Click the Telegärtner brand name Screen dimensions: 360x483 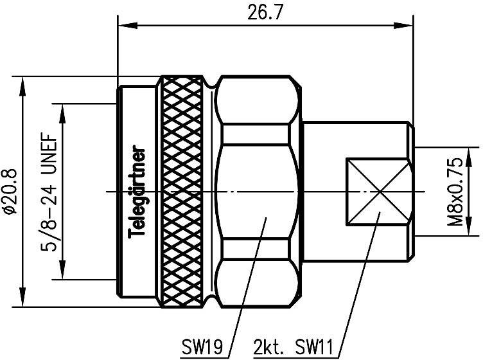point(137,193)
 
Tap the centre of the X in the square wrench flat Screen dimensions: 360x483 point(376,192)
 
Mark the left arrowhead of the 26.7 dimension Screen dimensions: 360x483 point(123,26)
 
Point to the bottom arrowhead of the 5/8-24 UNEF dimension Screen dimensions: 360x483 point(62,273)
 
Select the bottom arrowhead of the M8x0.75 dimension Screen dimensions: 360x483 point(473,231)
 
